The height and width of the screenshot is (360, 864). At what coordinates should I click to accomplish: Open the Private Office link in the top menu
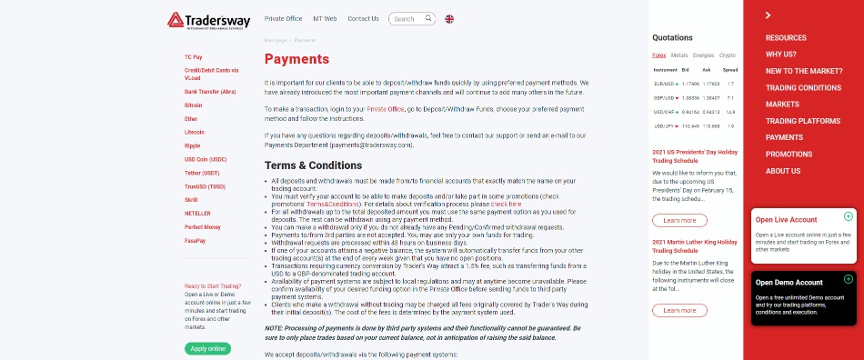(x=283, y=18)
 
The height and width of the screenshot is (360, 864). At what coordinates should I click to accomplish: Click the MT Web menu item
(x=325, y=18)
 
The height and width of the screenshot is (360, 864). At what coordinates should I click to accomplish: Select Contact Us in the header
(x=363, y=18)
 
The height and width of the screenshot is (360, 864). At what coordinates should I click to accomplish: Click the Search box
(x=410, y=18)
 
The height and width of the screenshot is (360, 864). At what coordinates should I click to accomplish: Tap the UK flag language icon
(x=450, y=18)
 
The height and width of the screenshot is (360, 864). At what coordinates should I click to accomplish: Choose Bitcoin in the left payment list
(x=193, y=105)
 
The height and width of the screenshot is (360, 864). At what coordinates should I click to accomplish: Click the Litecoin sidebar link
(x=194, y=132)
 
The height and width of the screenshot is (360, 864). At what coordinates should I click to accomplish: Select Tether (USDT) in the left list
(x=202, y=173)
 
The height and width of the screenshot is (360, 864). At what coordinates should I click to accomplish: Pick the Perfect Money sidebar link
(x=202, y=226)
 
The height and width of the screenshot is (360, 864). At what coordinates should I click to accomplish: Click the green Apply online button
(x=207, y=348)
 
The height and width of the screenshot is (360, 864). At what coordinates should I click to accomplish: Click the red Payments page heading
(x=296, y=60)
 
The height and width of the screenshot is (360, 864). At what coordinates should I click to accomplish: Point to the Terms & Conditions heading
(x=313, y=165)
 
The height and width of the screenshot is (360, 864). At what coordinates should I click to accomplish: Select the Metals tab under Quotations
(x=679, y=55)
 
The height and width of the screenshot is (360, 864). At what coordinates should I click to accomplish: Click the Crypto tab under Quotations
(x=727, y=55)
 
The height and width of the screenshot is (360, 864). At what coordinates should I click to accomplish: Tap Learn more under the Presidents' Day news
(x=679, y=220)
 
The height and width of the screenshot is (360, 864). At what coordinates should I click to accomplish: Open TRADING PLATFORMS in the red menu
(x=802, y=121)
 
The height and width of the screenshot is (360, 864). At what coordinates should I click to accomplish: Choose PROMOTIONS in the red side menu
(x=789, y=155)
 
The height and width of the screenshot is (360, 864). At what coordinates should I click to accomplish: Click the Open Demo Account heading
(x=789, y=282)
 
